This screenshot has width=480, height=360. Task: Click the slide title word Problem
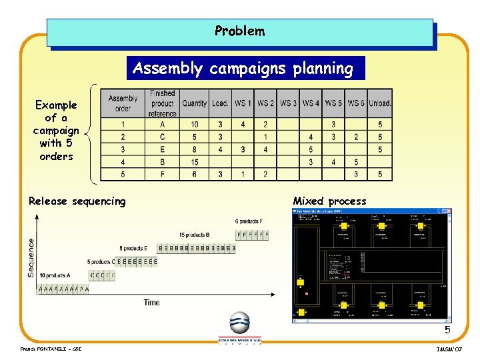(239, 31)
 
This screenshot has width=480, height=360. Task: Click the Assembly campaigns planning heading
(243, 69)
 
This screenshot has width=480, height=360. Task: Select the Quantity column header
(195, 103)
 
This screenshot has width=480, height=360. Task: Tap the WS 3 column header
(289, 103)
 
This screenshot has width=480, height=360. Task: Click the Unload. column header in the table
(380, 103)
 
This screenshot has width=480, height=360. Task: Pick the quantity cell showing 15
(195, 162)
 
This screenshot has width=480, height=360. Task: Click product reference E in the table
(163, 149)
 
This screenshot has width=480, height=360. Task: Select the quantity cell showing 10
(195, 125)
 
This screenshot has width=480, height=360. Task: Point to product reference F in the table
(163, 175)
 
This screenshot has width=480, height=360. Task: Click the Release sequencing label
(77, 201)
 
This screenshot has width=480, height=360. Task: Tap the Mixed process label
(329, 201)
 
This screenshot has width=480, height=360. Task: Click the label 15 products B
(195, 235)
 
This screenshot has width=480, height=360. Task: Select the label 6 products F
(249, 221)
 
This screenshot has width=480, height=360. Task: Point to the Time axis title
(152, 303)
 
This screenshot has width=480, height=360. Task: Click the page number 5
(448, 330)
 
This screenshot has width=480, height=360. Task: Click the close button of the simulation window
(449, 211)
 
